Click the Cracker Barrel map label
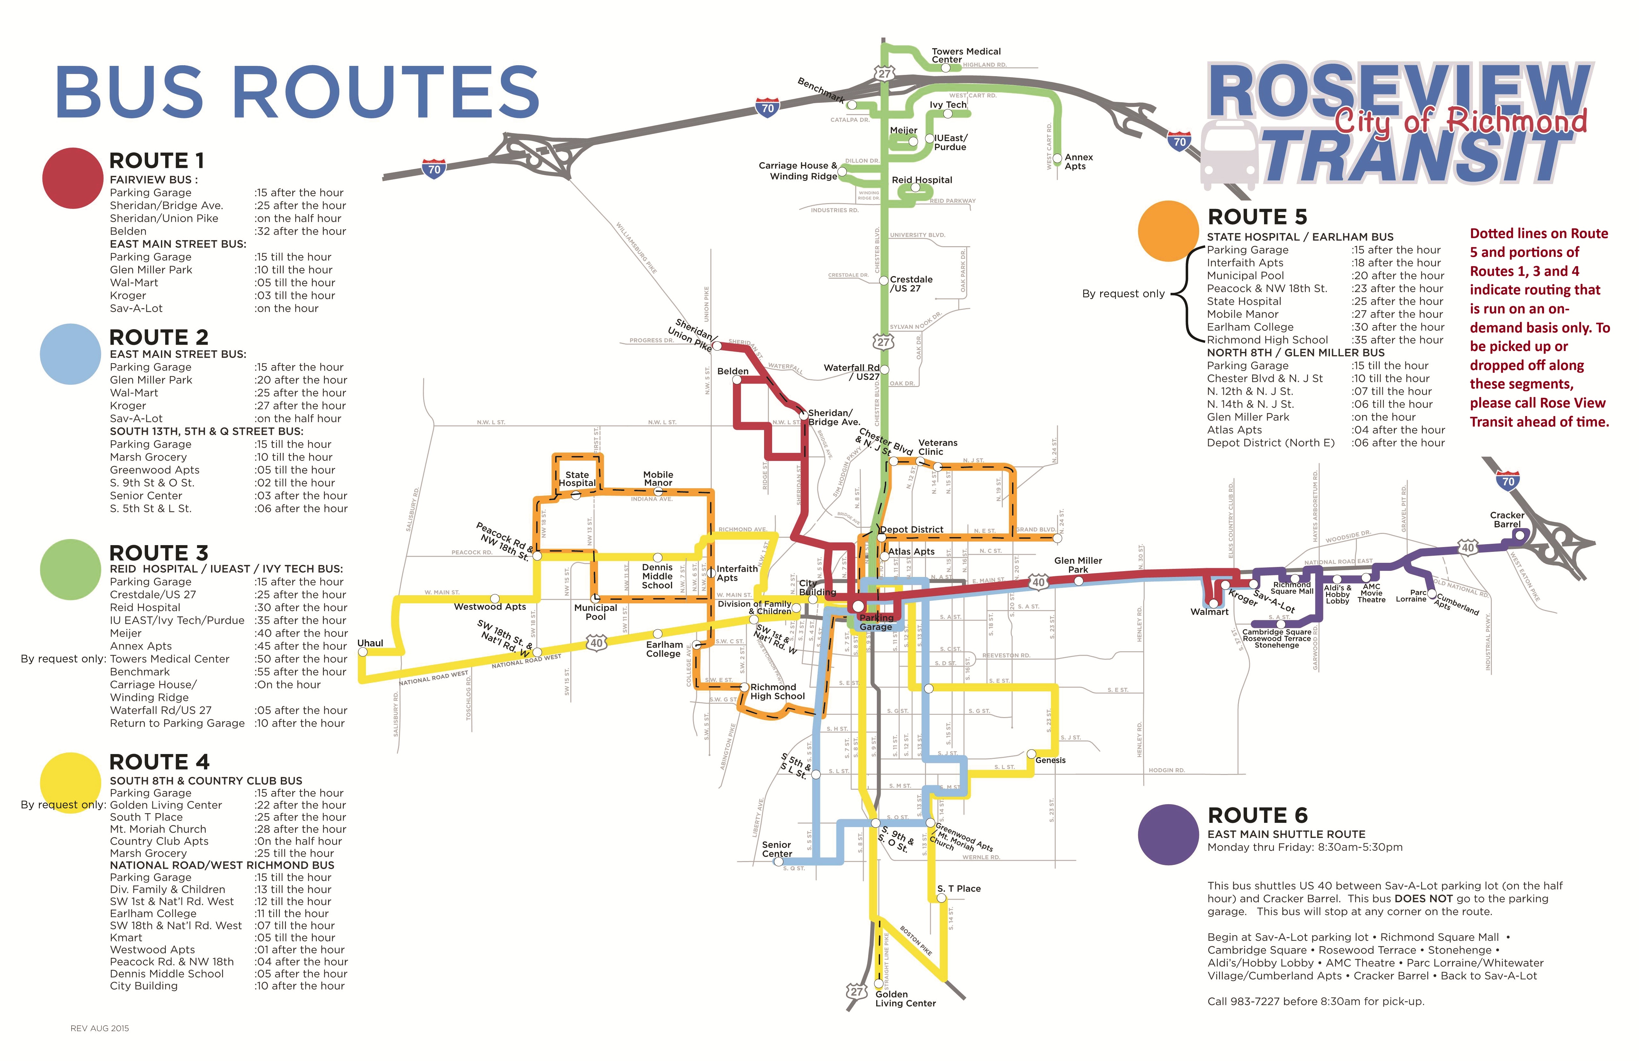[x=1507, y=519]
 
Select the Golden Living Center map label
[x=905, y=999]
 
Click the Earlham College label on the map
[x=664, y=649]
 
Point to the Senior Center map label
[x=777, y=849]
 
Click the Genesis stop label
[x=1050, y=760]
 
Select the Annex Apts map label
[x=1078, y=162]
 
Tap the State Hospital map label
[x=577, y=479]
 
